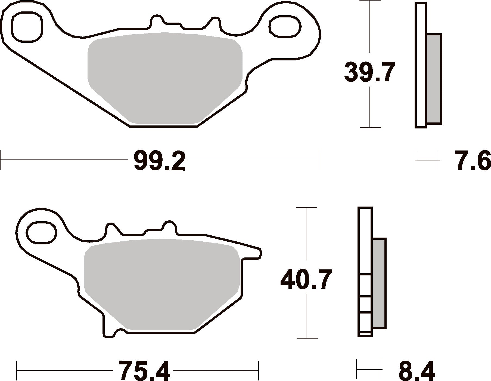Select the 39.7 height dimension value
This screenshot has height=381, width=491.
pyautogui.click(x=369, y=72)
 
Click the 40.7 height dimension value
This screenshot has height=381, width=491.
pyautogui.click(x=306, y=279)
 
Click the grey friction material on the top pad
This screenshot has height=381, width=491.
pyautogui.click(x=165, y=78)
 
